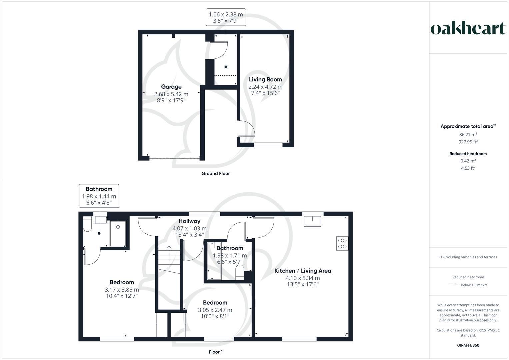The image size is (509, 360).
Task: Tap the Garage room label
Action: tap(171, 87)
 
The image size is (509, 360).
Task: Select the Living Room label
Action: tap(265, 79)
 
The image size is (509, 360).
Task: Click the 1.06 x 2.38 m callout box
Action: tap(226, 17)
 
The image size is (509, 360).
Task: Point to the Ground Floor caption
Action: tap(216, 173)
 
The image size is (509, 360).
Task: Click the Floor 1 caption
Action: tap(216, 352)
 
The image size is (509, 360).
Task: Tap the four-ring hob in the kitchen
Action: tap(342, 243)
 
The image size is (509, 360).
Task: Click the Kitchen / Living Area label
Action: tap(303, 271)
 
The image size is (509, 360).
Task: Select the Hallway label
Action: tap(189, 221)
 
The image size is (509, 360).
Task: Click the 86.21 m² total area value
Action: tap(468, 134)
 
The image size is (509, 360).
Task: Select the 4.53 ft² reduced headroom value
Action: tap(468, 168)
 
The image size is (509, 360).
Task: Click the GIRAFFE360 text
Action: tap(468, 345)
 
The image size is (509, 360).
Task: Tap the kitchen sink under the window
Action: tap(312, 221)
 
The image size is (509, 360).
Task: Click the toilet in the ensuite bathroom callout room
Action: tap(87, 224)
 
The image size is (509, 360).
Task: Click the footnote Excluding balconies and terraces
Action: tap(468, 257)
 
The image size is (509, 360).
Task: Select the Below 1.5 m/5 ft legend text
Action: tap(474, 285)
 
